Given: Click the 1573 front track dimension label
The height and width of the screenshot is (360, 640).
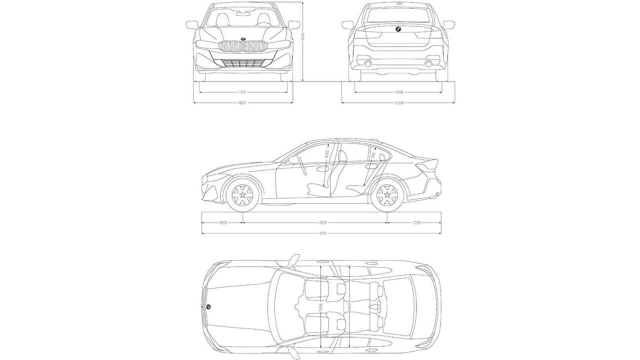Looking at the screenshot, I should pyautogui.click(x=243, y=92).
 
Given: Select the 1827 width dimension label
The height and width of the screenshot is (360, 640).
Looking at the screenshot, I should pyautogui.click(x=243, y=103).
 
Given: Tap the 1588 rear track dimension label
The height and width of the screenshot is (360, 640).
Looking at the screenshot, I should pyautogui.click(x=398, y=92).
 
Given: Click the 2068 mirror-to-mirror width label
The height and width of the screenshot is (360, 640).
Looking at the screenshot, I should pyautogui.click(x=398, y=103).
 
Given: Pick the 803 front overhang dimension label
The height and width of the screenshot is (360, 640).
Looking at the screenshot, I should pyautogui.click(x=223, y=222).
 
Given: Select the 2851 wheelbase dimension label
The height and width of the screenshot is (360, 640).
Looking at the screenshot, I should pyautogui.click(x=323, y=222).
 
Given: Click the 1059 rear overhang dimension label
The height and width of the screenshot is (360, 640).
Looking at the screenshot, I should pyautogui.click(x=416, y=222).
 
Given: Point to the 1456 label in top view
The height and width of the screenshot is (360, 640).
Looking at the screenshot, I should pyautogui.click(x=320, y=310).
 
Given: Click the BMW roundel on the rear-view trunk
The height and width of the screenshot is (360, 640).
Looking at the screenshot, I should pyautogui.click(x=398, y=30).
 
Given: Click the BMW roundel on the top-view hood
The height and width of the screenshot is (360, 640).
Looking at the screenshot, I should pyautogui.click(x=208, y=306).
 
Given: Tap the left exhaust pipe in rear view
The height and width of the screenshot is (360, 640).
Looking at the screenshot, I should pyautogui.click(x=368, y=64).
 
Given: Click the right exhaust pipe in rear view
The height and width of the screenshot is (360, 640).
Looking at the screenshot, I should pyautogui.click(x=428, y=64).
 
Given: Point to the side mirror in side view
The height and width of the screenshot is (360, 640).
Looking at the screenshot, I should pyautogui.click(x=293, y=160).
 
